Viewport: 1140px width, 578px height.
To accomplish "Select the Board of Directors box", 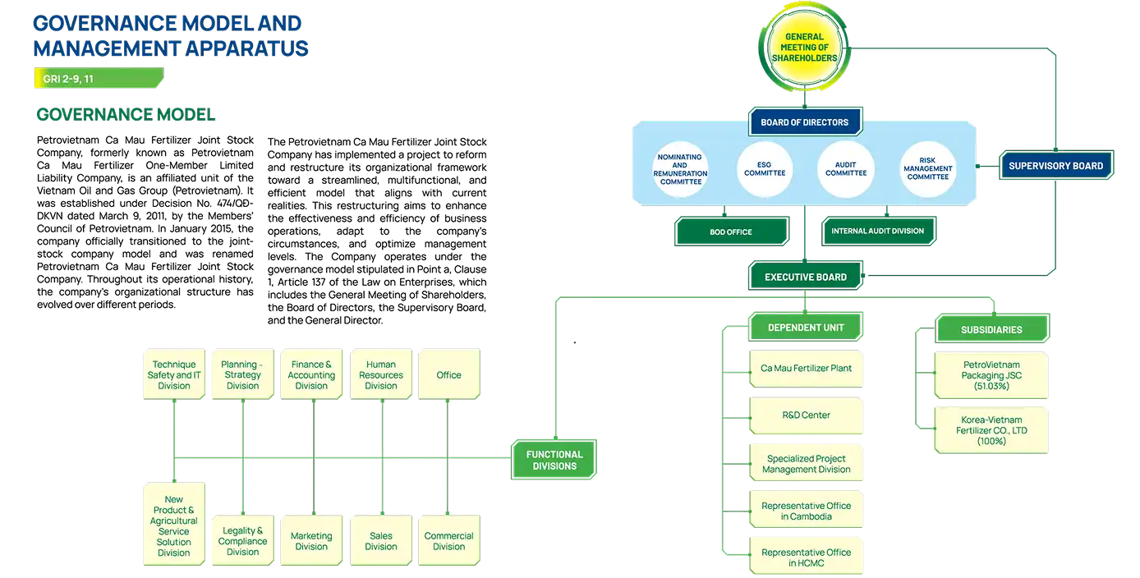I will (x=804, y=122).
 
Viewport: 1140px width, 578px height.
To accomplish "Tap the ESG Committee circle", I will (x=764, y=169).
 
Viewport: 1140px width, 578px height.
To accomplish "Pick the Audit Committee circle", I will (x=845, y=169).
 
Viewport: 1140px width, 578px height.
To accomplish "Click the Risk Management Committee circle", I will (x=928, y=169).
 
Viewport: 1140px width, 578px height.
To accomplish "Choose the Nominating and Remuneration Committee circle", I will (x=681, y=169).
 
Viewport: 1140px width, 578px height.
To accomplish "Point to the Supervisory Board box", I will (x=1055, y=166).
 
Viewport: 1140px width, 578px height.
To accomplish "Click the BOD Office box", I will (x=731, y=232).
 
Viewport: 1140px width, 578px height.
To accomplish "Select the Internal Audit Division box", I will (x=877, y=232).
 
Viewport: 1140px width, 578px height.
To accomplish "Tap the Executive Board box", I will (x=805, y=278).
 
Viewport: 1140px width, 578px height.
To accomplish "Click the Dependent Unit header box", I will (x=805, y=328).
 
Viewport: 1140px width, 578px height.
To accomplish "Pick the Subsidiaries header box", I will (x=991, y=329).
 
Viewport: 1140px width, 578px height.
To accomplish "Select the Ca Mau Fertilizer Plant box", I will (x=806, y=369).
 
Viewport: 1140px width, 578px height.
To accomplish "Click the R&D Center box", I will (x=806, y=415).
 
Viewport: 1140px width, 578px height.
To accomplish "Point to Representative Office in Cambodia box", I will (x=806, y=511).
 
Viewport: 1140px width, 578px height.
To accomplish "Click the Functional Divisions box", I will (x=554, y=461).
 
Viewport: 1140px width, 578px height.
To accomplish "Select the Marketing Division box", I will (x=311, y=541).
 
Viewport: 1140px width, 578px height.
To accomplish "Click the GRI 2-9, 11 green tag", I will (x=99, y=79).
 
